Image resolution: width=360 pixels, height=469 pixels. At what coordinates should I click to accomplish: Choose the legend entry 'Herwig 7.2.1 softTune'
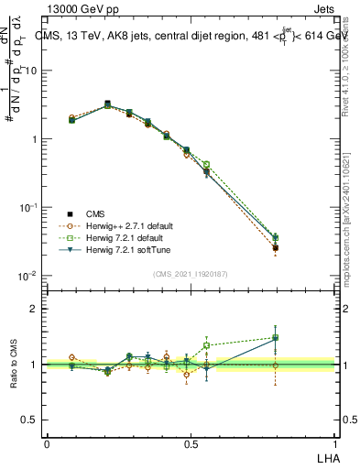[125, 249]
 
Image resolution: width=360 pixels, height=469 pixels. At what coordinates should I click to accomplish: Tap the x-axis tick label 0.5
[191, 442]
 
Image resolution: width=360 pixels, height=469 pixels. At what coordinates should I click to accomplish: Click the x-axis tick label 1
[335, 442]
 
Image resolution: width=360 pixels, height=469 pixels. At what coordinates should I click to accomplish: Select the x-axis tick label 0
[47, 442]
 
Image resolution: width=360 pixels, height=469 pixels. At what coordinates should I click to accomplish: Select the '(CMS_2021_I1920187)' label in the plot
[191, 273]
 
